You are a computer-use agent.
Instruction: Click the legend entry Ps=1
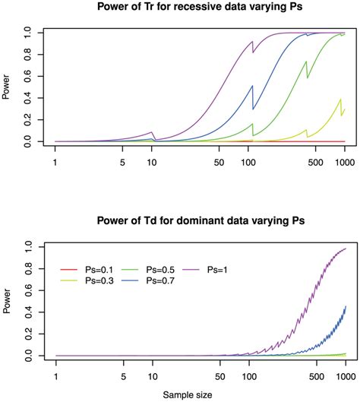pos(229,268)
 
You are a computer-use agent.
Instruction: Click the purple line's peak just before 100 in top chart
pos(251,42)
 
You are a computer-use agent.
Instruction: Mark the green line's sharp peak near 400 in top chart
pos(306,62)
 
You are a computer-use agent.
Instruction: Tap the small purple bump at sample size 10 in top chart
pos(152,132)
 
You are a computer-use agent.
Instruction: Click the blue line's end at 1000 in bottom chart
pos(346,306)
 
